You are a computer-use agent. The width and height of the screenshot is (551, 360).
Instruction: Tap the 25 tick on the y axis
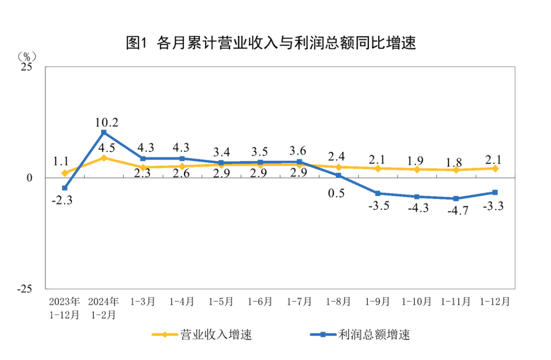(26, 67)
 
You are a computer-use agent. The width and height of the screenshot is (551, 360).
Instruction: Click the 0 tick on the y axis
(29, 178)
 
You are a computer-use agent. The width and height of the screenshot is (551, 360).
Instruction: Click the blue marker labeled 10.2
(104, 133)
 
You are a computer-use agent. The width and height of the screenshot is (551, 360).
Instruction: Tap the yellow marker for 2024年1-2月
(104, 158)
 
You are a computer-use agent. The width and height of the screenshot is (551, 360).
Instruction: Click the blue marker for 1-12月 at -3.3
(495, 193)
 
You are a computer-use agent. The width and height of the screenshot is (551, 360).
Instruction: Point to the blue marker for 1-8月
(338, 176)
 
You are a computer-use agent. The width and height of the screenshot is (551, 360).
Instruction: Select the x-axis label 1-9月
(378, 302)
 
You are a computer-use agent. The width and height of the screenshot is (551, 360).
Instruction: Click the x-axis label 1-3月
(143, 302)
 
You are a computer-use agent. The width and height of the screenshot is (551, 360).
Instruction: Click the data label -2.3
(62, 201)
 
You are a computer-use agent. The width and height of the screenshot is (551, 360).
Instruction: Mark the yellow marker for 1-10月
(417, 170)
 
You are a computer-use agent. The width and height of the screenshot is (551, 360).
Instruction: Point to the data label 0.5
(338, 194)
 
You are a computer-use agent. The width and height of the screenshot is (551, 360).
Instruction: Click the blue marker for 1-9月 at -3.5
(378, 194)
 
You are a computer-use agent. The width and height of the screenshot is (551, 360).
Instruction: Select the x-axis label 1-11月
(456, 302)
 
